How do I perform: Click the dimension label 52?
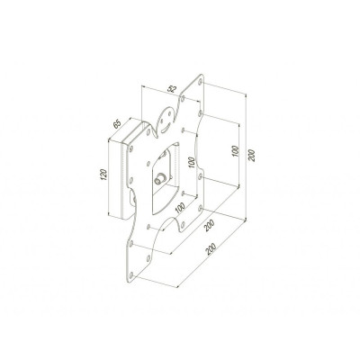coord(172,89)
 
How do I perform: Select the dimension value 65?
coord(116,124)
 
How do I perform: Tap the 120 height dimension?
coord(103,175)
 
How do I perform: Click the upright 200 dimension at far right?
coord(252,155)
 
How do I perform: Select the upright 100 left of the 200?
coord(235,151)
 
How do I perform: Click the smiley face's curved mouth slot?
coord(166,130)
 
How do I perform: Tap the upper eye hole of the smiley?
coord(170,114)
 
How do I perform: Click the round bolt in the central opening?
coord(158,179)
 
